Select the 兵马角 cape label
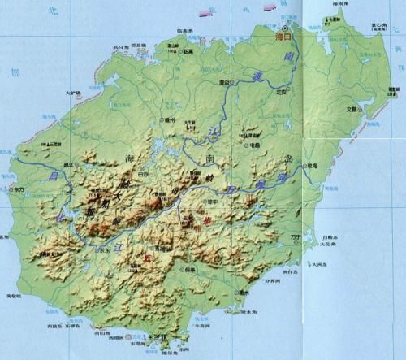119,47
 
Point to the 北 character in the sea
54,9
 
